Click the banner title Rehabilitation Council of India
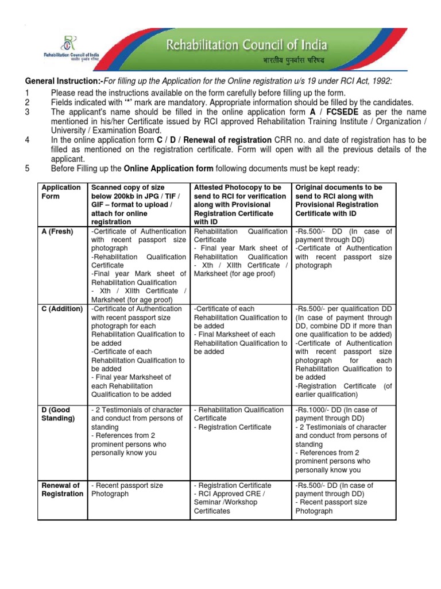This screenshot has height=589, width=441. (247, 45)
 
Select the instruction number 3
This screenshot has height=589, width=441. (26, 112)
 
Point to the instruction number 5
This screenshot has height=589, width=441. (26, 169)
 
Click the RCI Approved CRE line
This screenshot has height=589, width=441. (229, 494)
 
